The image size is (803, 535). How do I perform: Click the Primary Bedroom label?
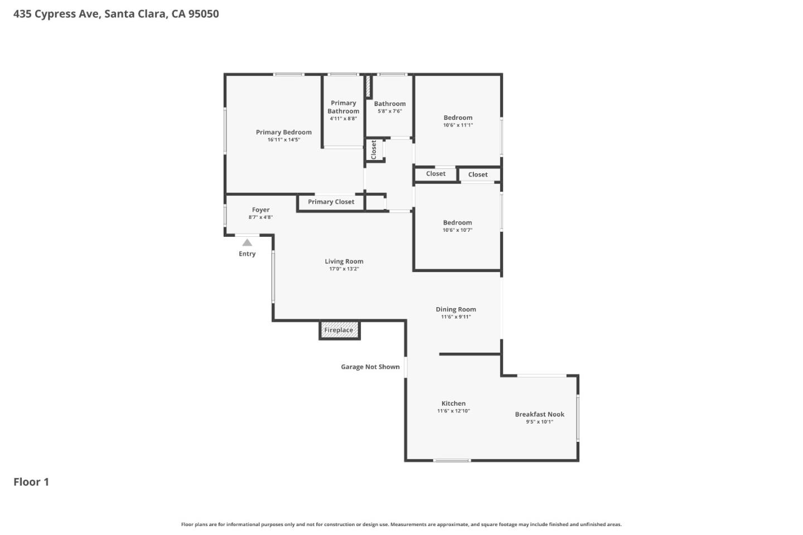283,132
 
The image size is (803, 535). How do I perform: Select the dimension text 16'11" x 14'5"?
283,140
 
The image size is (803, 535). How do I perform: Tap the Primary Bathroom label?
343,107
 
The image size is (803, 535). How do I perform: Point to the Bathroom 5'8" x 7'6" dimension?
389,111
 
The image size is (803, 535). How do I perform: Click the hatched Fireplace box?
339,330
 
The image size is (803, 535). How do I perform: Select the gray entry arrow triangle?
247,242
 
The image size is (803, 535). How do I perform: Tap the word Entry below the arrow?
247,254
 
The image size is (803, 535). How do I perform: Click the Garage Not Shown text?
370,367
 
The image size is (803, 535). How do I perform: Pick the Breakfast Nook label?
539,414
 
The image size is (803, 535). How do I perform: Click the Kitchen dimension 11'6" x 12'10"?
453,411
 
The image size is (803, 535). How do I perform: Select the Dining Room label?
456,309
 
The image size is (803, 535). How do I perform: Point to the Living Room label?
344,261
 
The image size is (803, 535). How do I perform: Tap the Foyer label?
260,210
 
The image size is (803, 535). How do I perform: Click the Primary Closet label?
331,202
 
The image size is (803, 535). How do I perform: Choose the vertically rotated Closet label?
374,149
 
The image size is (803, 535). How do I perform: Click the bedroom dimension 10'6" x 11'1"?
458,125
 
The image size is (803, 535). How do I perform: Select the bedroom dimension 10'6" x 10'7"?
457,230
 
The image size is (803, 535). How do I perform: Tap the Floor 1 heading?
31,482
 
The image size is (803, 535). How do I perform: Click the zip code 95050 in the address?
204,14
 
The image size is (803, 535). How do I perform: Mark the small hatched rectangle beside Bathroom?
368,87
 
